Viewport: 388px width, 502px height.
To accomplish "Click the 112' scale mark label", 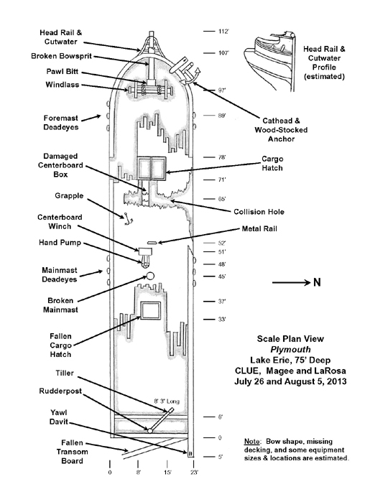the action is (223, 32).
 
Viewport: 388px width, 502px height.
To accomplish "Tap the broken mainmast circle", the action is (150, 276).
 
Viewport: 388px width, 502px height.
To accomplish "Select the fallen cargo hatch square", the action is (151, 310).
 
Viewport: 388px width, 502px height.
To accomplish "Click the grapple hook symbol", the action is (127, 218).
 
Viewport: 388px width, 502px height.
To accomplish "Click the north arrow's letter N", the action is (317, 282).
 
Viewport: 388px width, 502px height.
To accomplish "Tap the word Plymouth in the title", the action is (290, 349).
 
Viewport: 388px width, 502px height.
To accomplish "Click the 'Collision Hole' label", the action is (259, 212).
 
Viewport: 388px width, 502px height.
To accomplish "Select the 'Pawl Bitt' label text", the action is (63, 71).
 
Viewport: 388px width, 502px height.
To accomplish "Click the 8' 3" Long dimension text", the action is (167, 401).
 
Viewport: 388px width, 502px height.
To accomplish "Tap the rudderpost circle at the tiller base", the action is (149, 431).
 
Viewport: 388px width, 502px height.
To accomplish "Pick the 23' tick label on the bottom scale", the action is (195, 473).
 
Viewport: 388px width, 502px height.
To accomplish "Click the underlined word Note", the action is (252, 442).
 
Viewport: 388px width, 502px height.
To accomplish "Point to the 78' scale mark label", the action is (222, 157).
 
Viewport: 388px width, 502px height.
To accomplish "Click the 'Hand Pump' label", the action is (60, 243).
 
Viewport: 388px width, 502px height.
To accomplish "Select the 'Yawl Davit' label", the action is (59, 417).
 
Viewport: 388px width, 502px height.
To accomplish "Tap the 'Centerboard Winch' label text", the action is (60, 221).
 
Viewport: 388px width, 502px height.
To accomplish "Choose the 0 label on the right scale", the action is (220, 437).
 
